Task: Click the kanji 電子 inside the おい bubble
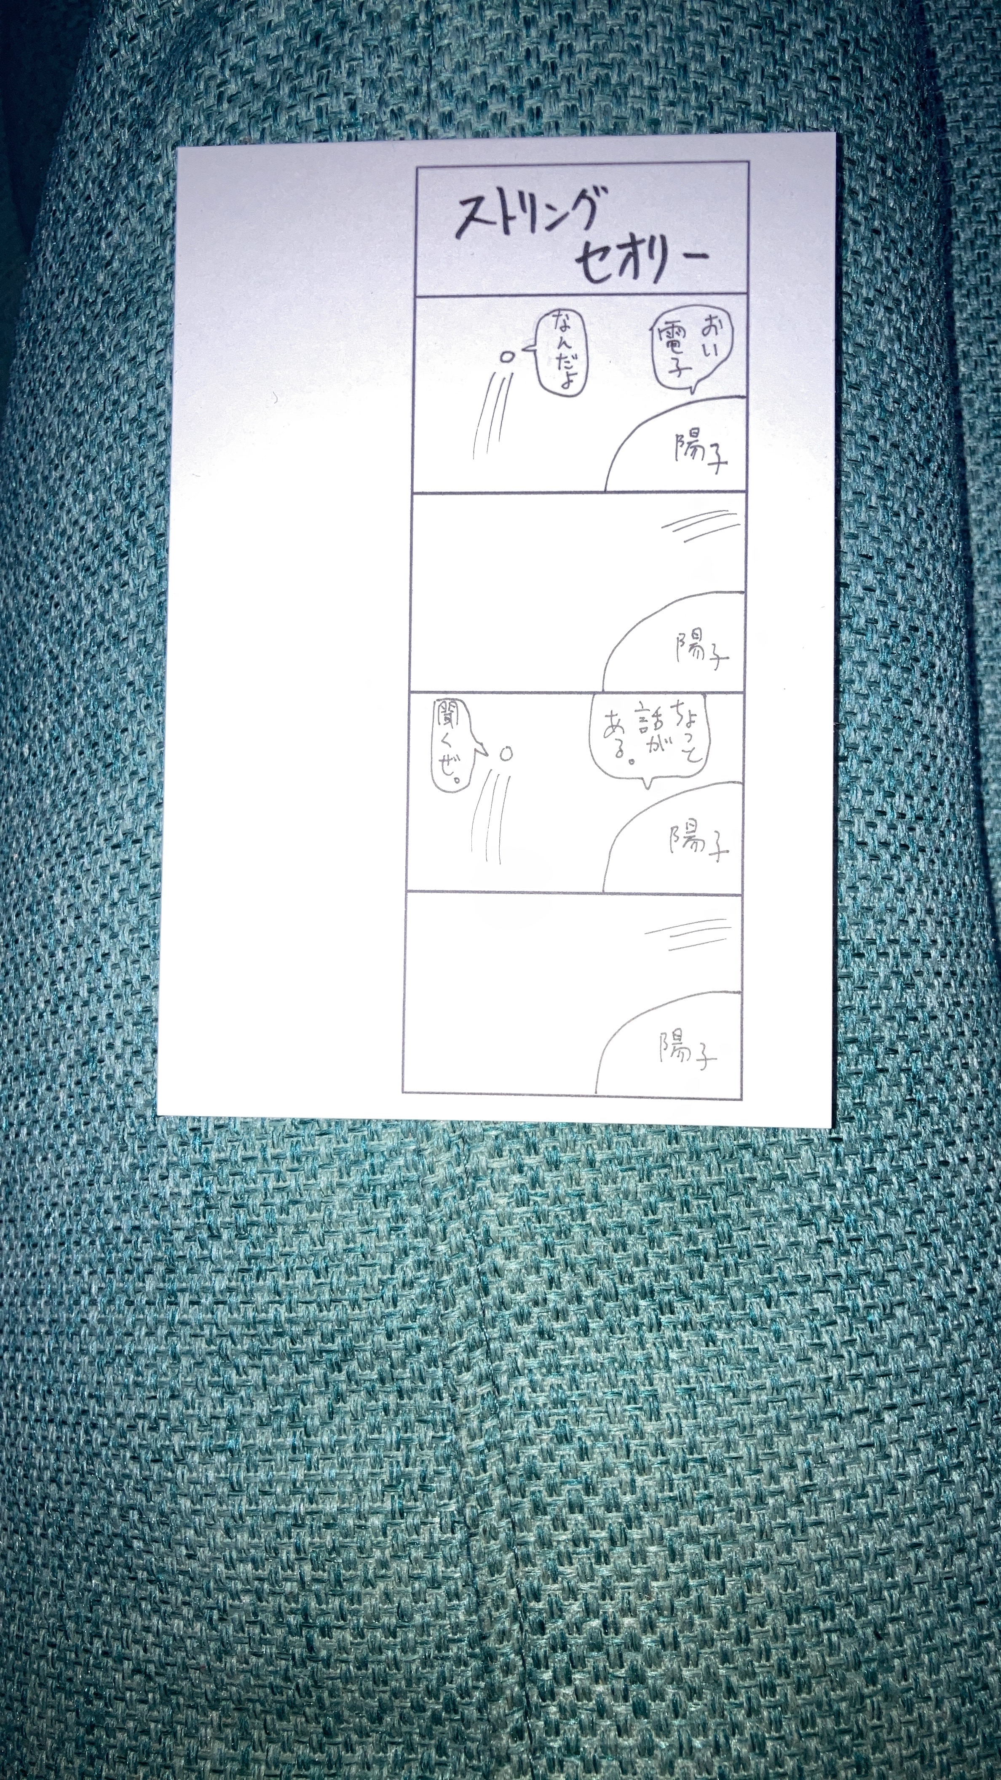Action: tap(672, 352)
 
